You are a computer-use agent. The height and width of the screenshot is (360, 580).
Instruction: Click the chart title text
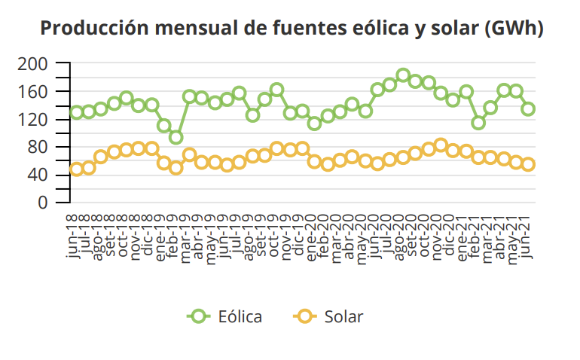tap(292, 29)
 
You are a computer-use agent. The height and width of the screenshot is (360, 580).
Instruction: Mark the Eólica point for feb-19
tap(176, 137)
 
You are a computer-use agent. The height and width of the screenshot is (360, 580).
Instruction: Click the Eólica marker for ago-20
tap(403, 75)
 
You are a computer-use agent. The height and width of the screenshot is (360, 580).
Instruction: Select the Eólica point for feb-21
tap(478, 123)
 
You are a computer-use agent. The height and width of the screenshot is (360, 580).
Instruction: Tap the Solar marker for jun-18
tap(76, 169)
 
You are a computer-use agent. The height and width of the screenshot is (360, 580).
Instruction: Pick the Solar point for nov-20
tap(441, 145)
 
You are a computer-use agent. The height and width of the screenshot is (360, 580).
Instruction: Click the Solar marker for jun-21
tap(528, 164)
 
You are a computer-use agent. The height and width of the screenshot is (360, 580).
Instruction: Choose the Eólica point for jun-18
tap(76, 113)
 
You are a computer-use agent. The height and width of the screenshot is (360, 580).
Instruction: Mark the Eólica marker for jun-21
tap(528, 109)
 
